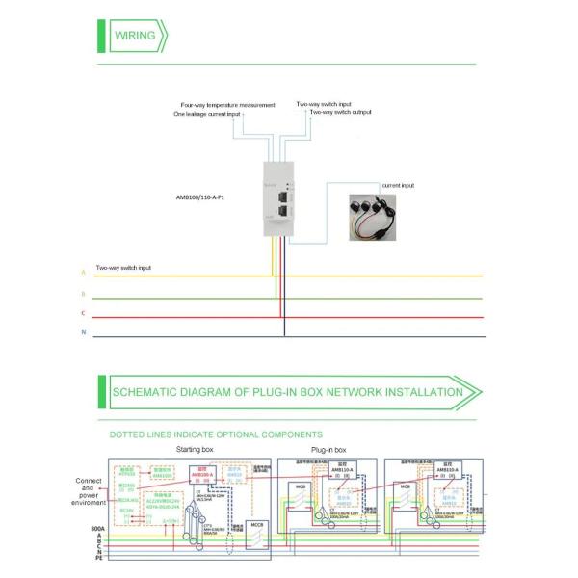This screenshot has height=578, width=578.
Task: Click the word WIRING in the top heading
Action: click(x=135, y=37)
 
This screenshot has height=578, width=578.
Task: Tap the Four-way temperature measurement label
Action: click(x=227, y=104)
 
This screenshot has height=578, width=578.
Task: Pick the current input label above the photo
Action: click(x=398, y=184)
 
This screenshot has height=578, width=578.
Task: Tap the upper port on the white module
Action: click(x=283, y=183)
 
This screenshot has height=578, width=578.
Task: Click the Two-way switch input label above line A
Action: click(x=123, y=267)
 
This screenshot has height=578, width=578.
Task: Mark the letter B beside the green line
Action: click(x=83, y=293)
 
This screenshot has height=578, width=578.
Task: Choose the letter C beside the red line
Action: click(x=83, y=314)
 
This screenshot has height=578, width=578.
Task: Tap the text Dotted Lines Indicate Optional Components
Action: click(x=216, y=434)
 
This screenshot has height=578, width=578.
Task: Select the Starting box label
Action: click(x=194, y=450)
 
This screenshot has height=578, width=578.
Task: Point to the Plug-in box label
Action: click(x=334, y=450)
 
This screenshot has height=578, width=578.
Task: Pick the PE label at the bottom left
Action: click(x=89, y=558)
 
